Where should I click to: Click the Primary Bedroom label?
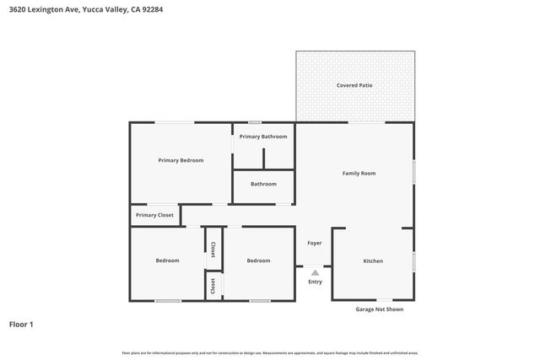[x=181, y=160]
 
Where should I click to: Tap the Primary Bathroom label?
[x=263, y=137]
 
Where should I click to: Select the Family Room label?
[x=359, y=173]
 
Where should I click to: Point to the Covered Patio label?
[x=354, y=85]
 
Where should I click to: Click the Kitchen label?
[x=373, y=261]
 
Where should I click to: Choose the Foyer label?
[x=314, y=243]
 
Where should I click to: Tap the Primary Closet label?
[x=154, y=215]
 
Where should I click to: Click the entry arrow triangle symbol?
[x=315, y=272]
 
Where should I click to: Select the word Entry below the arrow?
[x=315, y=282]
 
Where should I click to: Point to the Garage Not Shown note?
[x=380, y=309]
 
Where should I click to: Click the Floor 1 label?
[x=21, y=324]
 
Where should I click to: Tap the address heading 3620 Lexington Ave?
[x=41, y=9]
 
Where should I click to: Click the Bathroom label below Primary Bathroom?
[x=263, y=184]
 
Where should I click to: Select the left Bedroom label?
[x=167, y=261]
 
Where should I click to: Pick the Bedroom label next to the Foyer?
[x=258, y=261]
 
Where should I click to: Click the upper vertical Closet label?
[x=213, y=249]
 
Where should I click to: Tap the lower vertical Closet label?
[x=213, y=285]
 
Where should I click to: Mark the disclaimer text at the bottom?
[x=270, y=352]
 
